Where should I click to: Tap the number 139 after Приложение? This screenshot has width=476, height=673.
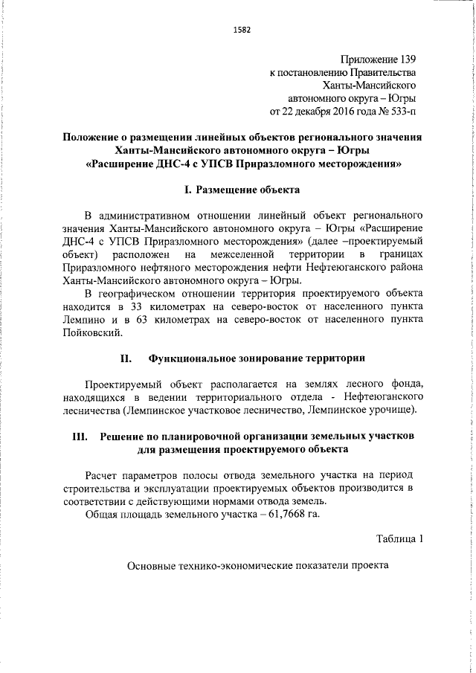[405, 58]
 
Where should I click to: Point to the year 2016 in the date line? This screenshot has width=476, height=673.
[330, 112]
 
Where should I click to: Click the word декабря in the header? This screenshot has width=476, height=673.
[297, 112]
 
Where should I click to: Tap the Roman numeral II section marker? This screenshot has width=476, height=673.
[126, 359]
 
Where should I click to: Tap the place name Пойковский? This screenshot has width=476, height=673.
[91, 333]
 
